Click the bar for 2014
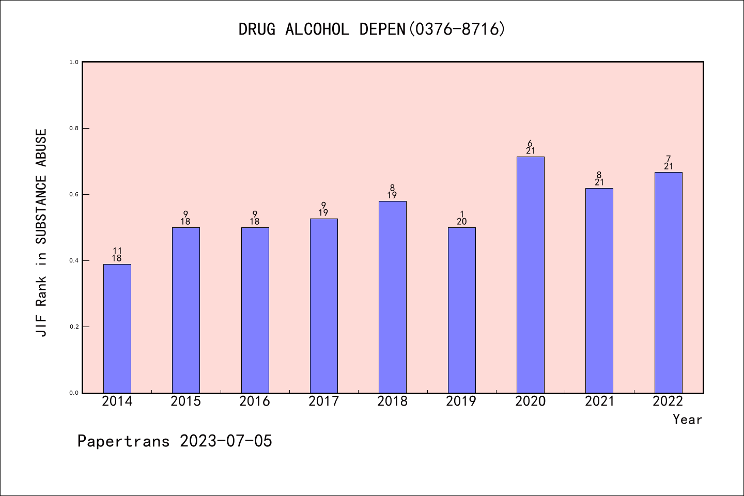point(117,329)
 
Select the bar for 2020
point(531,275)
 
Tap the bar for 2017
point(324,306)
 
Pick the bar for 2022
point(669,283)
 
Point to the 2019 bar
point(462,310)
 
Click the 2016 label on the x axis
point(255,401)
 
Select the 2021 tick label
point(599,401)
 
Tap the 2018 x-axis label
point(393,401)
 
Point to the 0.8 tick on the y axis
point(74,128)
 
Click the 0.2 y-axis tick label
point(74,327)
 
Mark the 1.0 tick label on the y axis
point(74,62)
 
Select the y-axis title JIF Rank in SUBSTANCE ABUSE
point(41,233)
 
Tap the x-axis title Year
point(687,420)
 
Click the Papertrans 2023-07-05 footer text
point(175,441)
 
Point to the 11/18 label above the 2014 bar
point(117,255)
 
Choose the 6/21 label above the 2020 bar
point(531,147)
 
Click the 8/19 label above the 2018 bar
point(393,192)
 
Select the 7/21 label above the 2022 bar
point(669,163)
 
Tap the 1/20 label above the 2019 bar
point(462,218)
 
